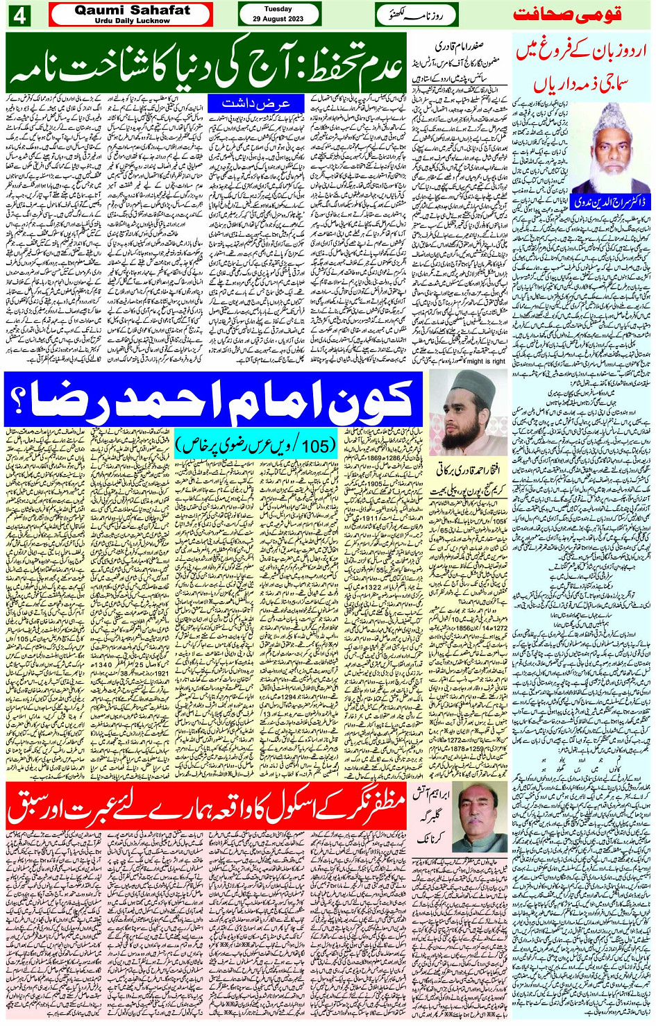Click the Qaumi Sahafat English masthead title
pos(132,10)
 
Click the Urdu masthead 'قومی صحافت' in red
pos(566,14)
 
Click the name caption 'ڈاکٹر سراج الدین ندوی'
pos(583,201)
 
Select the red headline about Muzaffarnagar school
pos(205,805)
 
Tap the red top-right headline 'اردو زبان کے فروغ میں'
pos(582,51)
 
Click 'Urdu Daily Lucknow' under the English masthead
pos(132,21)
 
